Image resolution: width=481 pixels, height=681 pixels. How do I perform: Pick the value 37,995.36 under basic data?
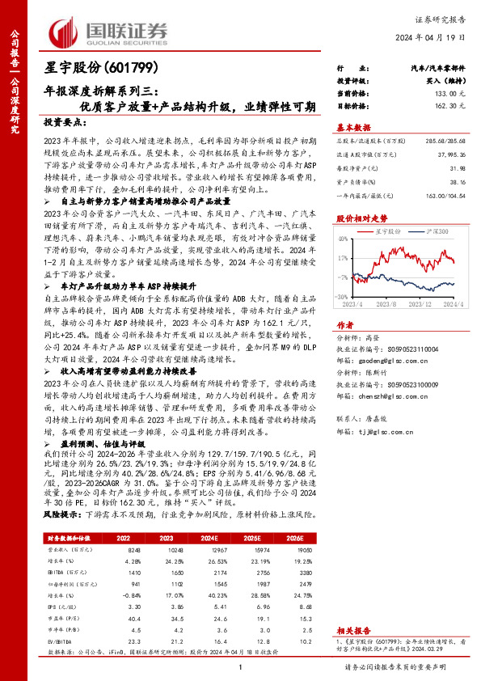[x=451, y=153]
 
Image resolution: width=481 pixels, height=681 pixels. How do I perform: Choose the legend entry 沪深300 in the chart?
[x=437, y=231]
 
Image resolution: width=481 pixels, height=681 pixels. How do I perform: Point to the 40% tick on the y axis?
[x=344, y=239]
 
